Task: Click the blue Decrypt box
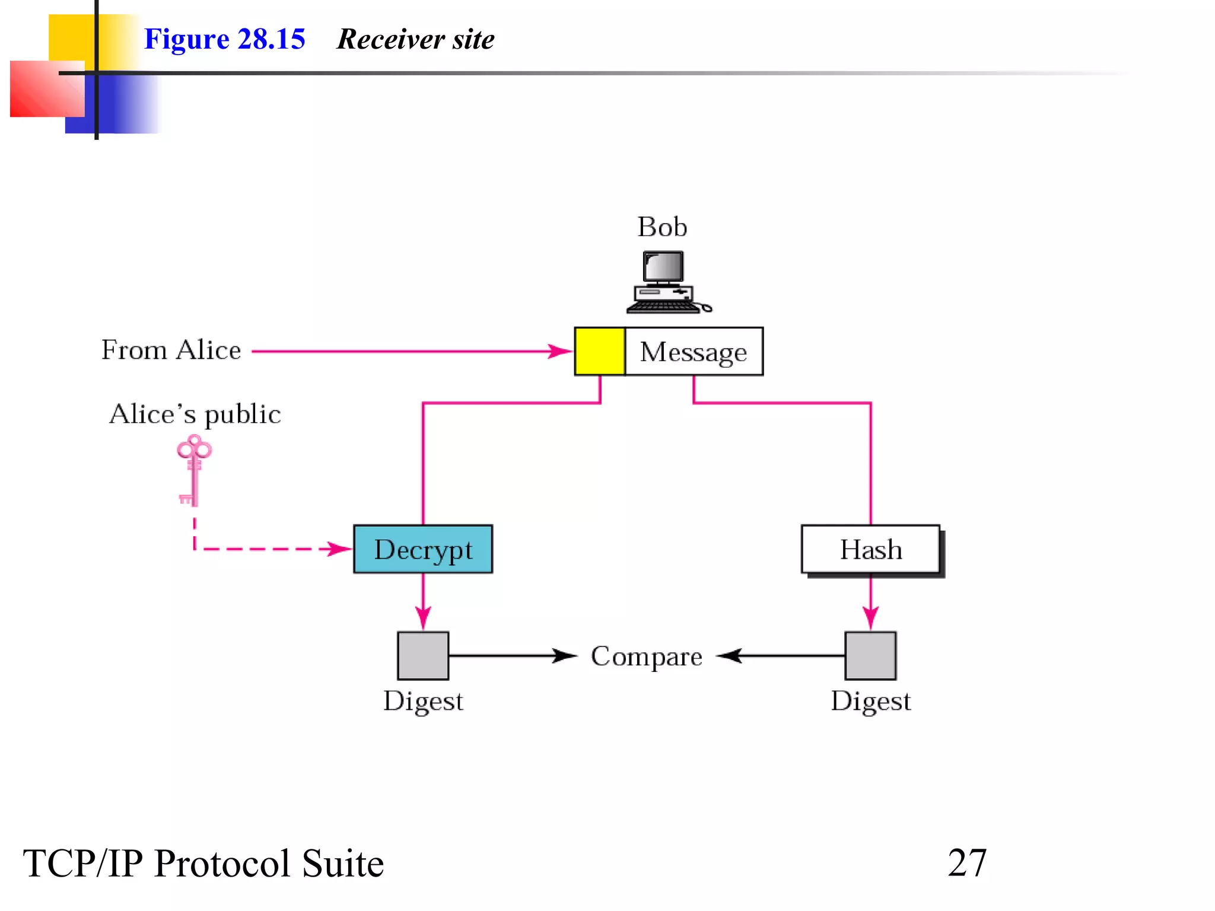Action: click(x=422, y=549)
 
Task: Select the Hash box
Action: click(x=870, y=549)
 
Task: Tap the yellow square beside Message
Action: click(x=599, y=351)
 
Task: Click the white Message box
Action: click(x=694, y=351)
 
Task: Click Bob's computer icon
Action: click(x=667, y=282)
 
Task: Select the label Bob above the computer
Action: click(x=662, y=227)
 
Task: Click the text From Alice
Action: click(x=171, y=350)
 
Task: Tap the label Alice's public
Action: click(x=195, y=414)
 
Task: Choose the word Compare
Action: click(x=646, y=657)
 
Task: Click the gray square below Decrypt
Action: click(x=422, y=655)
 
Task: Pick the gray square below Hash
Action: click(x=870, y=655)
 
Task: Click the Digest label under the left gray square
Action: click(x=422, y=702)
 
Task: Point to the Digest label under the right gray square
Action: click(x=870, y=702)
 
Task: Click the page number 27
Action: click(x=967, y=863)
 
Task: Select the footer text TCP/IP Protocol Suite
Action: click(x=203, y=863)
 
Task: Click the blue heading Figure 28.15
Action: click(x=224, y=39)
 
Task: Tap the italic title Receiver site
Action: click(x=415, y=39)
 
